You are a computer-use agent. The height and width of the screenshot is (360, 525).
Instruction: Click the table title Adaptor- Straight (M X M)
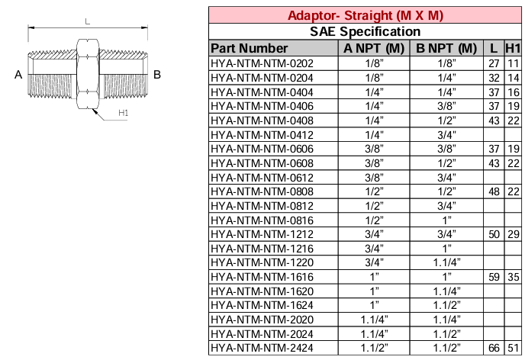click(x=366, y=15)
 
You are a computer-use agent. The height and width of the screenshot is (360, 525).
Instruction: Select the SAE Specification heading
click(x=366, y=31)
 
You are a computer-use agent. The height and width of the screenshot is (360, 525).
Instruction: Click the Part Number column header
click(x=249, y=48)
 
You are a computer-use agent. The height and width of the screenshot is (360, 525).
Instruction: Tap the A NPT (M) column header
click(x=374, y=48)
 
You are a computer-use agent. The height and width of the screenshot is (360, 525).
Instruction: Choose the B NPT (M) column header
click(x=446, y=48)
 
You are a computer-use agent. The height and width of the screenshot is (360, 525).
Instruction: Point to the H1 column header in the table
click(x=513, y=48)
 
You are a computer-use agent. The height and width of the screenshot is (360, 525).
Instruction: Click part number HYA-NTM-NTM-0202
click(x=262, y=63)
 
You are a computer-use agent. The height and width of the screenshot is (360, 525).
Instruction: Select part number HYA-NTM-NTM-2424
click(x=262, y=349)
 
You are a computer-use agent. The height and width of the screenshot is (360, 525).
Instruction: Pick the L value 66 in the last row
click(x=494, y=349)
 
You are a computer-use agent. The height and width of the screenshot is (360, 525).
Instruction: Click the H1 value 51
click(x=513, y=349)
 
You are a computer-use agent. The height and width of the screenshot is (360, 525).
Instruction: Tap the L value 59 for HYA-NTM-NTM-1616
click(x=494, y=277)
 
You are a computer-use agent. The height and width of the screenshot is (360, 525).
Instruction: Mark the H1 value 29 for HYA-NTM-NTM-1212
click(x=513, y=234)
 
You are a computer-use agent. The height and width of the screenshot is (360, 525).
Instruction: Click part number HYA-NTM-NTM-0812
click(x=262, y=206)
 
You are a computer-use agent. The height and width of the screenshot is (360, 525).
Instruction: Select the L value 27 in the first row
click(x=494, y=63)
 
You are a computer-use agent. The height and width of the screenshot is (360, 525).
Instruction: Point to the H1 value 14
click(x=513, y=78)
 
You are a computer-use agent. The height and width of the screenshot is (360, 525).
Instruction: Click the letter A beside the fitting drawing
click(x=17, y=75)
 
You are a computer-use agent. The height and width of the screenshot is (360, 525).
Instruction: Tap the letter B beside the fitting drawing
click(x=156, y=75)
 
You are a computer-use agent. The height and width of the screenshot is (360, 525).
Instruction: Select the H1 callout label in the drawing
click(x=123, y=114)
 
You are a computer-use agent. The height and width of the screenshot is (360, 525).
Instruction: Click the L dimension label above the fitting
click(x=87, y=22)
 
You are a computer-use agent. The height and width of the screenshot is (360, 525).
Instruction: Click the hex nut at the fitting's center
click(x=87, y=75)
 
